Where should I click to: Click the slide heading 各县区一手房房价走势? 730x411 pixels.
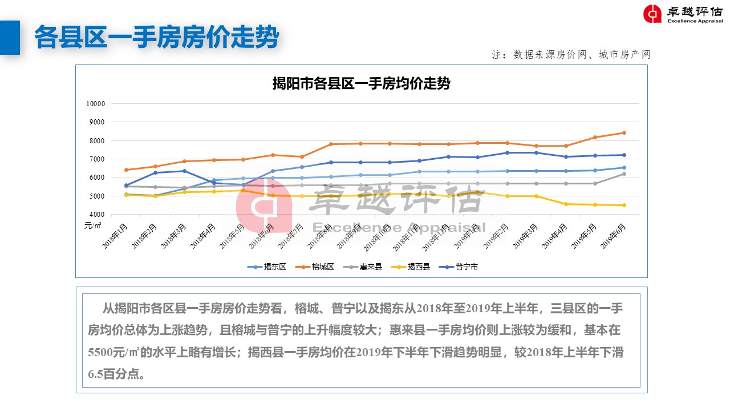coord(156,38)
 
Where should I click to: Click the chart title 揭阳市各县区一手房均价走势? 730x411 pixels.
coord(361,84)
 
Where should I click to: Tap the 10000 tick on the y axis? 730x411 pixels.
coord(96,104)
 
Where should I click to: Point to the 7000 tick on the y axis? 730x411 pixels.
coord(98,159)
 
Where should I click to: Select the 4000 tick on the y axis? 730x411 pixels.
coord(98,215)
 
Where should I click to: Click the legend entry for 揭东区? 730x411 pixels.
coord(267,267)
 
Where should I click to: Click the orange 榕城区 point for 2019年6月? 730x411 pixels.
coord(624,133)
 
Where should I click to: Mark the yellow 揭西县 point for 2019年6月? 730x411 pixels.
coord(624,205)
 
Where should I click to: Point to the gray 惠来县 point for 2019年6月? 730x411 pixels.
coord(624,174)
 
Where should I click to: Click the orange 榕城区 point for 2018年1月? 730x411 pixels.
coord(126,170)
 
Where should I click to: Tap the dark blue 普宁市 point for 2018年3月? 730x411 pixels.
coord(184,171)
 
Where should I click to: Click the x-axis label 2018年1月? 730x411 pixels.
coord(116,235)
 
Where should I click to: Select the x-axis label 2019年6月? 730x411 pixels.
coord(614,235)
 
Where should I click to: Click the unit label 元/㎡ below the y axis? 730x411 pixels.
coord(93,225)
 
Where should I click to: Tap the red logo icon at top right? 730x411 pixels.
coord(652,14)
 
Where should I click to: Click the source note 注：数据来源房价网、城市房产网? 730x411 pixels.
coord(571,55)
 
